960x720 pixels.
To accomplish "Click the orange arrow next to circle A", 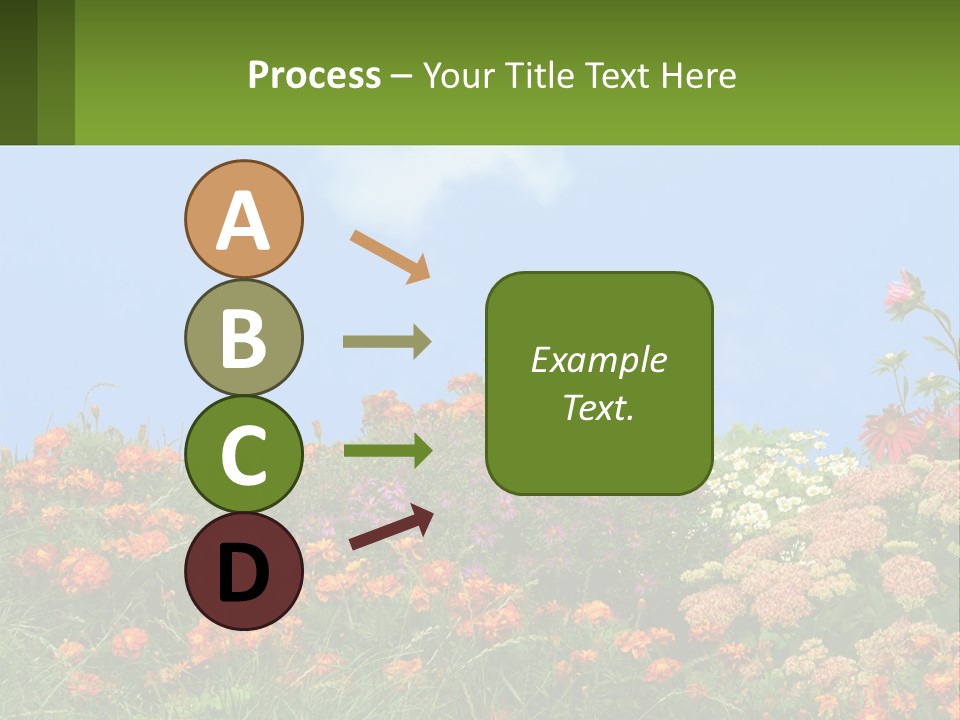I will click(390, 255).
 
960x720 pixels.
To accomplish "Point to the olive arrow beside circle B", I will click(387, 341).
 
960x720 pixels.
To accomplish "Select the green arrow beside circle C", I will click(388, 450).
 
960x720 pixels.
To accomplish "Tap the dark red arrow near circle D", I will click(391, 527).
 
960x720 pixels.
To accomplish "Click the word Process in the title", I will click(314, 75).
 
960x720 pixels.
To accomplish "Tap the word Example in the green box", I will click(599, 360).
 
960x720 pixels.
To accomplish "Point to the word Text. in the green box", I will click(599, 408).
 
